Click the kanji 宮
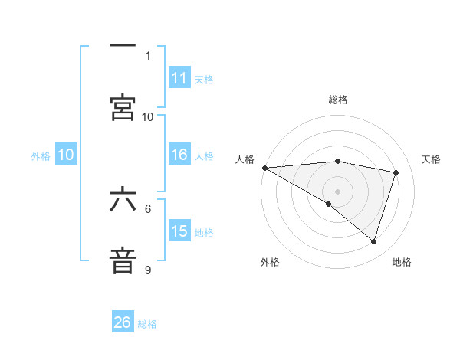(x=123, y=107)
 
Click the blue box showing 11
(x=179, y=78)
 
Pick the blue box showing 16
(x=179, y=155)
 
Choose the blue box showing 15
(x=179, y=231)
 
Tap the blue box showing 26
(x=123, y=322)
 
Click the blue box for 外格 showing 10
(x=66, y=155)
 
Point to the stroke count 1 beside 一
(x=148, y=55)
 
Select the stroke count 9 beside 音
(x=148, y=270)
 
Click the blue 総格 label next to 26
(x=147, y=324)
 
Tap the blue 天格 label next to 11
(x=204, y=79)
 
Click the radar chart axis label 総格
(x=337, y=100)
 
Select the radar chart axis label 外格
(x=270, y=262)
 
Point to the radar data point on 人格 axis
(x=264, y=167)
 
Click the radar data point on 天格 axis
(x=396, y=172)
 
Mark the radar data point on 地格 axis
(x=374, y=242)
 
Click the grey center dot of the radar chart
(x=337, y=191)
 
